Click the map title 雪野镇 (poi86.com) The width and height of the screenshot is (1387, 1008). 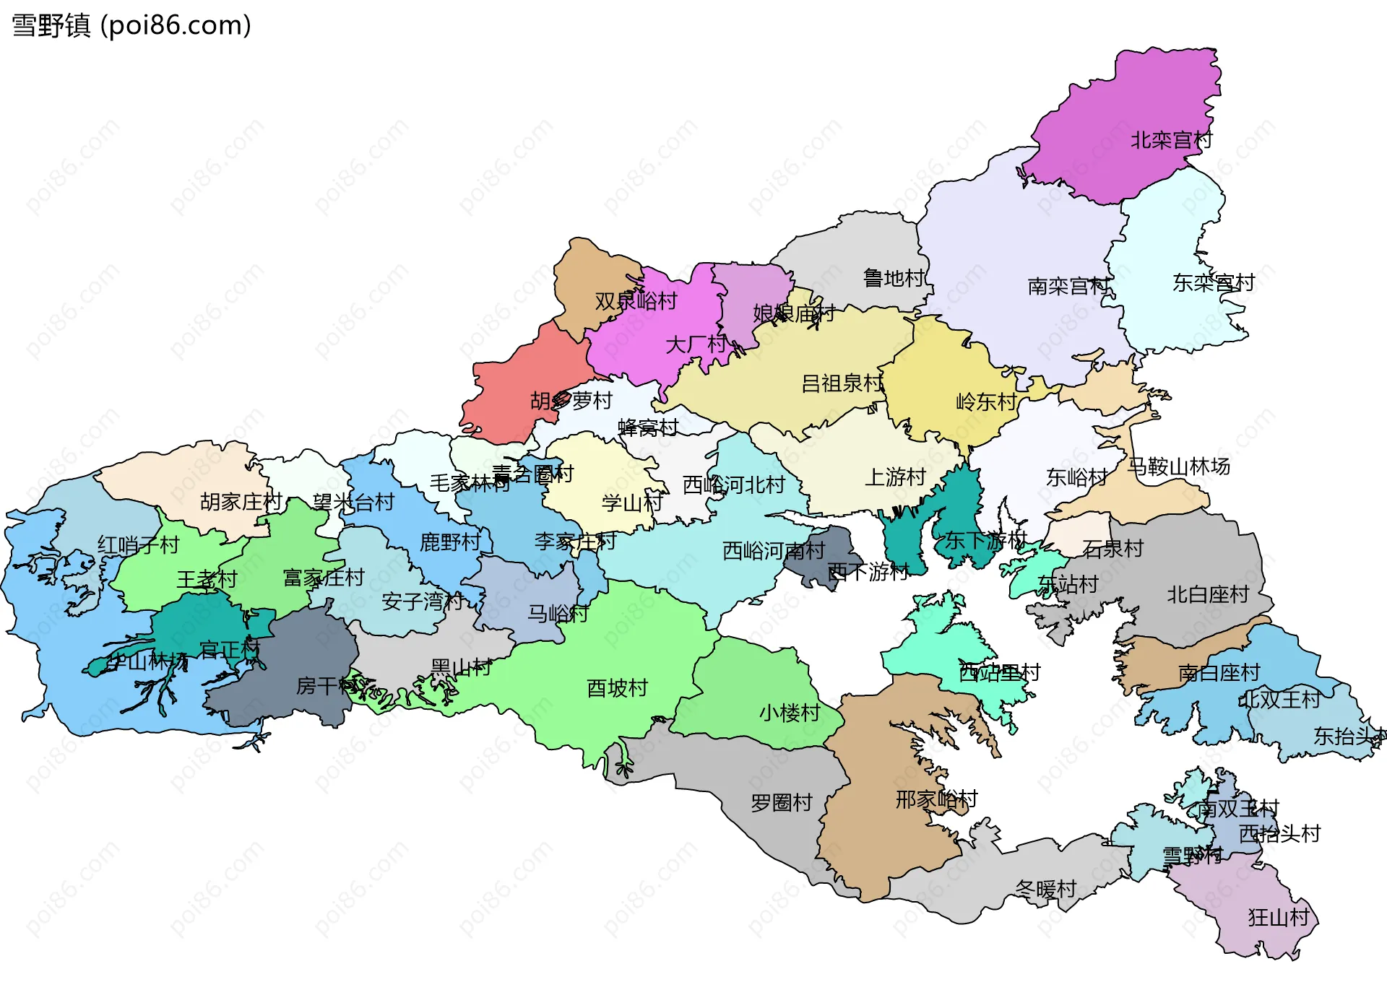coord(131,25)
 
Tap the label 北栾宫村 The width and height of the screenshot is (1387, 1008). coord(1171,140)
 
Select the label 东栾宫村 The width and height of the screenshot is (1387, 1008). coord(1213,282)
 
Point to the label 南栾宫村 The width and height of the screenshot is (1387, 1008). coord(1068,287)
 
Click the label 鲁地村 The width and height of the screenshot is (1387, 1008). coord(894,278)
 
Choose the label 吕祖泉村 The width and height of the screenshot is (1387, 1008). coord(842,383)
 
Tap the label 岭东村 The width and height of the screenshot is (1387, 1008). coord(986,401)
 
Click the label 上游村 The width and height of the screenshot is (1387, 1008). coord(895,477)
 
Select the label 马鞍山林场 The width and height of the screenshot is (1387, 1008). coord(1179,466)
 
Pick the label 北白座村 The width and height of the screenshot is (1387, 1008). coord(1208,594)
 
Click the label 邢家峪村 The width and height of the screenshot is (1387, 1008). coord(936,799)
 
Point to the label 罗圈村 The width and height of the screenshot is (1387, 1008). coord(782,803)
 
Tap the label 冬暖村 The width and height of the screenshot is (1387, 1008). coord(1045,890)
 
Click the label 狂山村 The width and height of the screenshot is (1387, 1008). coord(1279,918)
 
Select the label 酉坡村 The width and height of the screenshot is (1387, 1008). coord(617,688)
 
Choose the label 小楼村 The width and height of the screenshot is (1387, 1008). coord(790,713)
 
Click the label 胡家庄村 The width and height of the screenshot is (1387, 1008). coord(241,501)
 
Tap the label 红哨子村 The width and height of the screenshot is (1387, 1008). coord(138,545)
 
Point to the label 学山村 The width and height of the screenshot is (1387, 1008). coord(632,503)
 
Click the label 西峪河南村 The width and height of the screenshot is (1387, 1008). coord(774,551)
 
